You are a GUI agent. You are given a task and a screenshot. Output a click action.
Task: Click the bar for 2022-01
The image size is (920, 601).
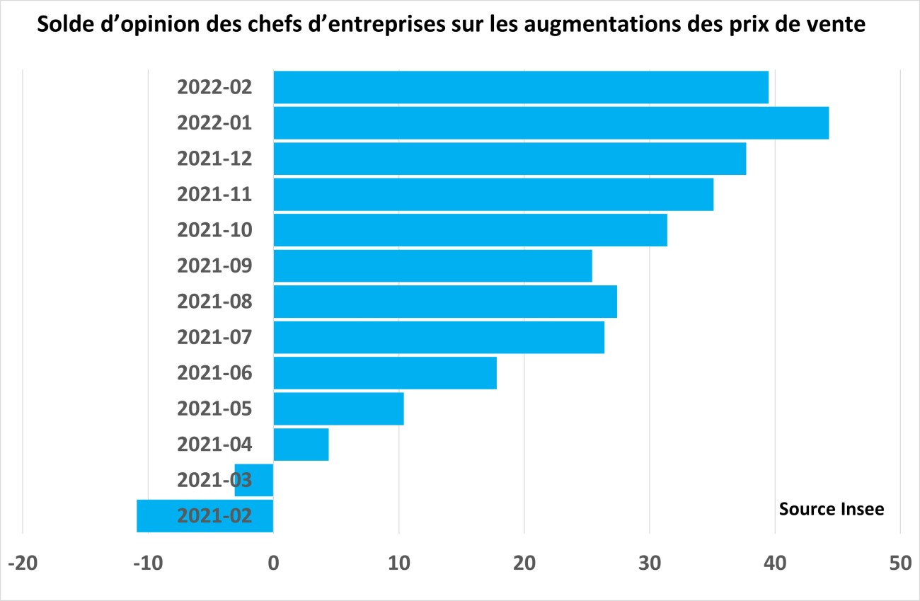551,123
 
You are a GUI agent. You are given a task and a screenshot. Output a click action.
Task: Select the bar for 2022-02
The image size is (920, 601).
521,87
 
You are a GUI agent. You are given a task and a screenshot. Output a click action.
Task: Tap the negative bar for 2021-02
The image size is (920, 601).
205,515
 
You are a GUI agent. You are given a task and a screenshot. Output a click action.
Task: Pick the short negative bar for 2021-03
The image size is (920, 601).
254,480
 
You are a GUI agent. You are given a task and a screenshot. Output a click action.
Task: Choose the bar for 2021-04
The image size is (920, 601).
301,445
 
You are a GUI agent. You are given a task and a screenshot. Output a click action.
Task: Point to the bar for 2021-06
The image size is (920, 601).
385,373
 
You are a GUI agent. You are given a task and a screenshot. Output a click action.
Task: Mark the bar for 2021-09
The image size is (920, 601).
432,266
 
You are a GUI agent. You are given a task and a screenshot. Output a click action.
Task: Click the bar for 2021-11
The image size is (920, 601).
493,195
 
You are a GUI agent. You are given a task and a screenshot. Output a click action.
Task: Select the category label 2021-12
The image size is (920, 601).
214,159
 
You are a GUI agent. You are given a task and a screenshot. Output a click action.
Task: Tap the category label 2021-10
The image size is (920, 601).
214,230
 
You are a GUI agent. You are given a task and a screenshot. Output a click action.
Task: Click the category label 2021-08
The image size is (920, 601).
214,302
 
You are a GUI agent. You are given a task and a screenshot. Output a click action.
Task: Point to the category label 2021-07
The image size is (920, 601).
214,337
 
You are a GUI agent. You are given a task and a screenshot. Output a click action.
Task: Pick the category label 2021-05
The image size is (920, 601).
214,408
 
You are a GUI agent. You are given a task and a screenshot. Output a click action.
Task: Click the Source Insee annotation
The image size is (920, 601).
832,509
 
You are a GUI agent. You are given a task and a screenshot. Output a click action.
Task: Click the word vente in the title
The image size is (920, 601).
838,26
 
